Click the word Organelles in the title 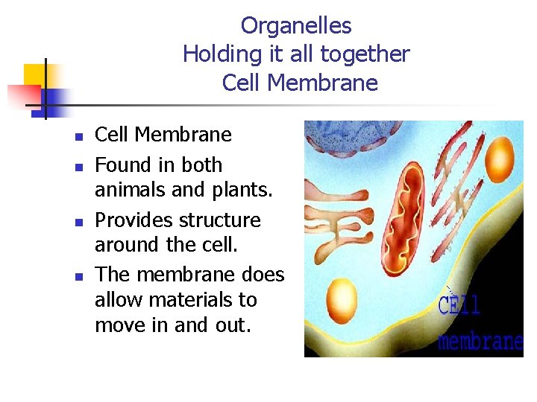click(x=296, y=26)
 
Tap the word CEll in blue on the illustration click(x=459, y=305)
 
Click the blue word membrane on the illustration click(x=480, y=340)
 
